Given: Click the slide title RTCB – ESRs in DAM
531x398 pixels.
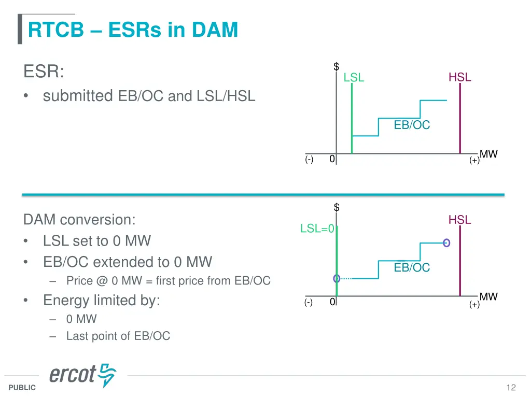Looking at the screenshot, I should pos(133,30).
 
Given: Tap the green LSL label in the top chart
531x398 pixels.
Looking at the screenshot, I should pos(354,78).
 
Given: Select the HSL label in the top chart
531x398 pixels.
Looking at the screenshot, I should pos(459,77).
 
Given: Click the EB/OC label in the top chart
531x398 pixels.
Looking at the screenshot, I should pos(412,125).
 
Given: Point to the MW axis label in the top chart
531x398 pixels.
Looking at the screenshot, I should pos(488,154).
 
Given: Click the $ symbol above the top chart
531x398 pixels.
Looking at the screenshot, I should pos(336,66).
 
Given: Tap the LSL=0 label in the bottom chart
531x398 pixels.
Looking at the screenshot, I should pos(318,229).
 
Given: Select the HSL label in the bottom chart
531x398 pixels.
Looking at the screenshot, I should pos(459,220).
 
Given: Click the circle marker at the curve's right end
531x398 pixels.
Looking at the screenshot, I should pos(446,243).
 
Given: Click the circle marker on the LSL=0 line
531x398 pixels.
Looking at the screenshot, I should pos(337,278).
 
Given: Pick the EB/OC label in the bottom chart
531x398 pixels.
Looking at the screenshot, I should pos(412,267).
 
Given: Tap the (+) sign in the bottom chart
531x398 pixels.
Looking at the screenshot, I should pos(474,305).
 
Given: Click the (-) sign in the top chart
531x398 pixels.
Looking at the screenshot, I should pos(309,160).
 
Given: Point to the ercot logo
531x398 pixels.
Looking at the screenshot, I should pos(82,375).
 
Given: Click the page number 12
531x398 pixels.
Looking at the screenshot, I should pos(511,388).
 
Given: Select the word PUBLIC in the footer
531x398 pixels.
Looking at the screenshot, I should pos(22,388).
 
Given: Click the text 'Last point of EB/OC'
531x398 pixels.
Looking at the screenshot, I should pos(118,336).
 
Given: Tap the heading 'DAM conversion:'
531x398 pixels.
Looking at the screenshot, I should pos(79,220).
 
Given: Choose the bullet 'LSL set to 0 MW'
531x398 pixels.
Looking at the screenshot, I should pos(97,241).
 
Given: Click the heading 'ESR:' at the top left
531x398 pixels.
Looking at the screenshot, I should pos(44,72).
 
